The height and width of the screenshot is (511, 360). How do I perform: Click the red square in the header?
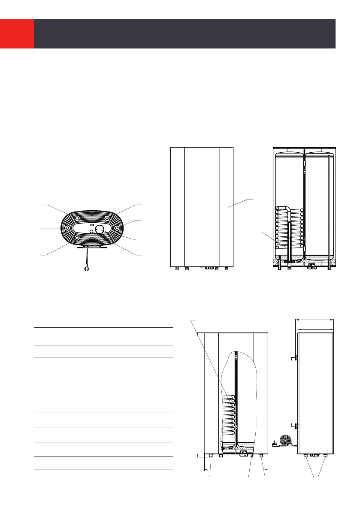point(17,34)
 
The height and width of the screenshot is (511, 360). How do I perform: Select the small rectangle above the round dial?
point(92,224)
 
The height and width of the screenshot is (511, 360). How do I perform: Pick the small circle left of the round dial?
point(90,231)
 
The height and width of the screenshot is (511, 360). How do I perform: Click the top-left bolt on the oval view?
point(77,218)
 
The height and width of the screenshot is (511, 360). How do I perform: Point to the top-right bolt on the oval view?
point(107,218)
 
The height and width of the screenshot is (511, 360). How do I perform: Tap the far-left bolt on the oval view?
point(68,228)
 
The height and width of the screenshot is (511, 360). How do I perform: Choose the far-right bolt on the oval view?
point(117,228)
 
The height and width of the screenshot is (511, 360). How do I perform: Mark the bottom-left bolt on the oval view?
point(77,237)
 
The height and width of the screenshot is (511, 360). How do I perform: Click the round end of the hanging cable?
point(87,269)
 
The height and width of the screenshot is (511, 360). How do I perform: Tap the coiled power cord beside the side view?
point(285,441)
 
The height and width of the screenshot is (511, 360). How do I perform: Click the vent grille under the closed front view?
point(209,268)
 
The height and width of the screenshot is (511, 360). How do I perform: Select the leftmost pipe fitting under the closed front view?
point(176,269)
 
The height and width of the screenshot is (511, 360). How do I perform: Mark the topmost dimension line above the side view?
point(315,320)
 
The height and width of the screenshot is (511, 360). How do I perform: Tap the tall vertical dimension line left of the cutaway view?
point(197,394)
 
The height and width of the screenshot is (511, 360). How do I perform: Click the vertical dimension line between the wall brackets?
point(292,391)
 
